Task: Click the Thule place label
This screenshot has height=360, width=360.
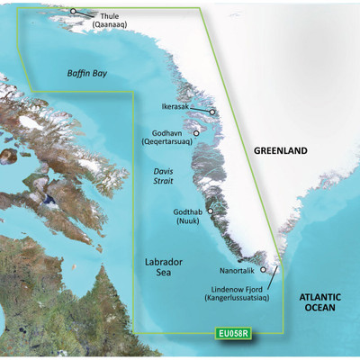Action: click(x=107, y=17)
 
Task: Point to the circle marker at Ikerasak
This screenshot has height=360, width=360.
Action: click(x=212, y=112)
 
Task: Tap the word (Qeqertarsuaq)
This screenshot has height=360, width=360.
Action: click(x=168, y=142)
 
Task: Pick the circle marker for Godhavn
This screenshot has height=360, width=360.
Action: click(x=196, y=131)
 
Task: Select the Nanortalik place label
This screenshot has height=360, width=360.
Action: click(x=225, y=268)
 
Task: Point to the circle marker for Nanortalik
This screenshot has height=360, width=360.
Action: click(x=263, y=268)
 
